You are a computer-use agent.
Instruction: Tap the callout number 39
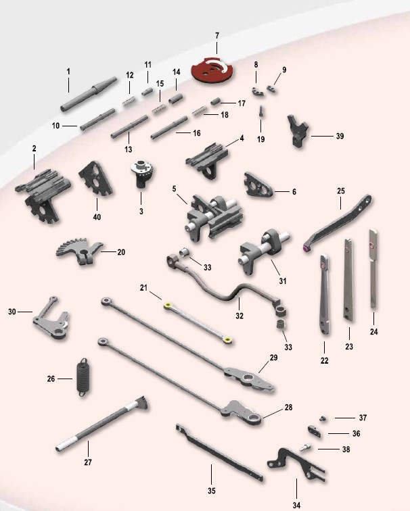coord(340,137)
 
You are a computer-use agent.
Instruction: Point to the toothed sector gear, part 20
coord(80,251)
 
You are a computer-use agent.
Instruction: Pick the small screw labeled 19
coord(261,112)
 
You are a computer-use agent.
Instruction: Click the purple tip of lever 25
coord(306,249)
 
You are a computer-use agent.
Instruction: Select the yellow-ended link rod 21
coord(199,322)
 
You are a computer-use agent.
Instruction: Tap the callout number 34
coord(296,505)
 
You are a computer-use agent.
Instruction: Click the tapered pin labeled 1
coord(89,95)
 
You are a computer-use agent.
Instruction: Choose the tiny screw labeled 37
coord(323,418)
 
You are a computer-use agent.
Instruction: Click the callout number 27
coord(88,462)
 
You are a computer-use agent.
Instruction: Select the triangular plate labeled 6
coord(258,185)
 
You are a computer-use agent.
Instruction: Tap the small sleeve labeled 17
coord(216,101)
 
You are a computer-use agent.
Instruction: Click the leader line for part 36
coord(338,433)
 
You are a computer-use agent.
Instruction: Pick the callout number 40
coord(97,217)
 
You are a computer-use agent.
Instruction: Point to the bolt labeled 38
coord(304,448)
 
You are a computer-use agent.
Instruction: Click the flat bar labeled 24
coord(373,269)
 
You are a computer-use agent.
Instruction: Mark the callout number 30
coord(12,312)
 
